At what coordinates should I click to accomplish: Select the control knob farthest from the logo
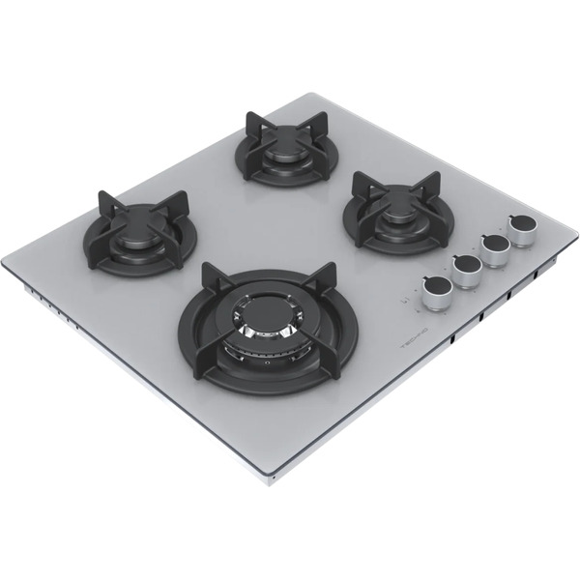[525, 232]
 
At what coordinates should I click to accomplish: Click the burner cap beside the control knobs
[395, 214]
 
